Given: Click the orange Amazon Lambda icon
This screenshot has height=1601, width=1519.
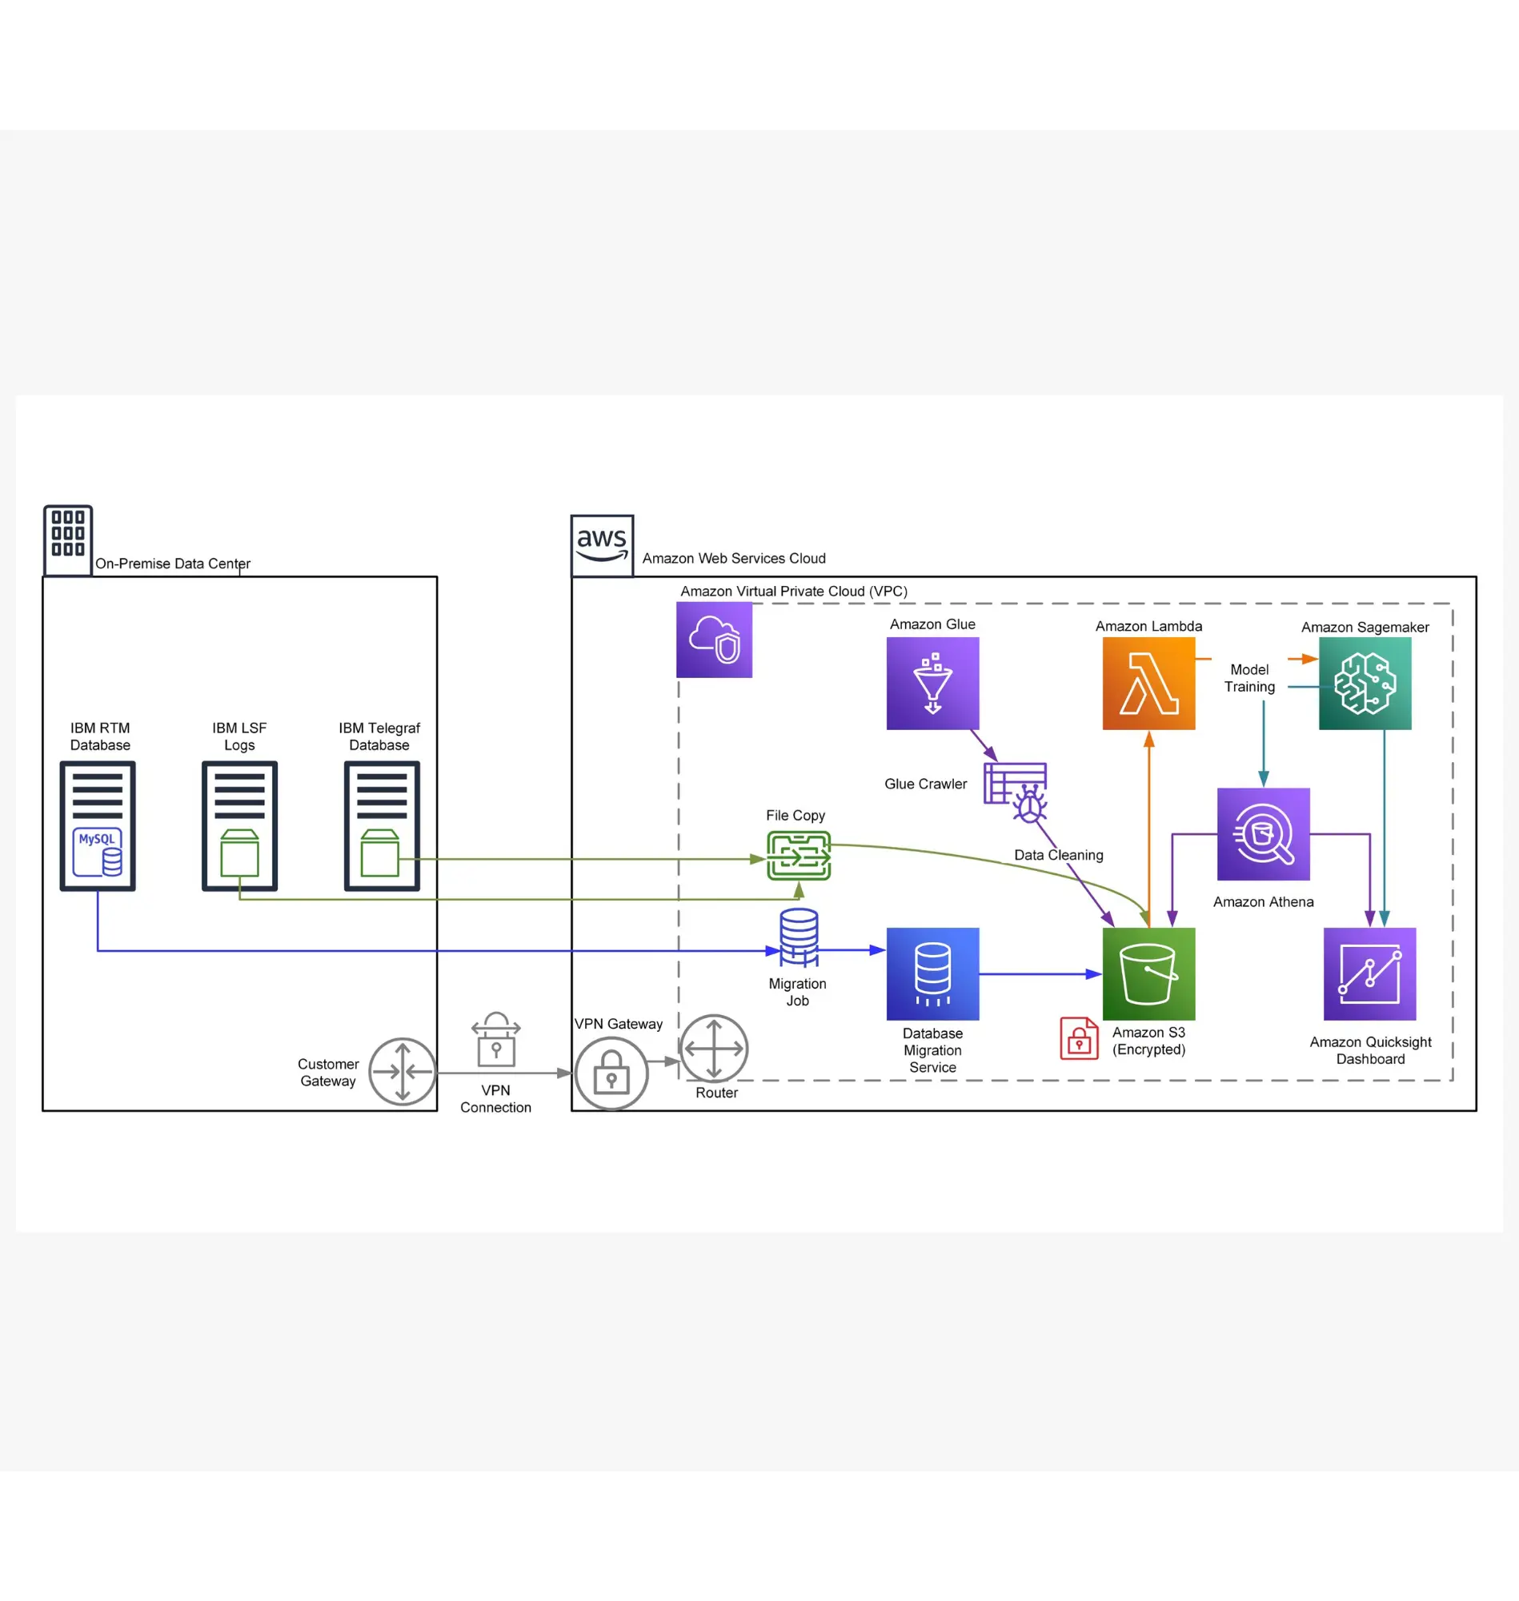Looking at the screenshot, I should click(x=1148, y=683).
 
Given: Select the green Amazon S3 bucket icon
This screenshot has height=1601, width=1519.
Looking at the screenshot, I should click(x=1148, y=973).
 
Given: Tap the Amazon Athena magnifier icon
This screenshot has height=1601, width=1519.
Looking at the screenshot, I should click(x=1262, y=833).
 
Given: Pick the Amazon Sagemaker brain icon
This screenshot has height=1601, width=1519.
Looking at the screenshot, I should click(x=1365, y=683).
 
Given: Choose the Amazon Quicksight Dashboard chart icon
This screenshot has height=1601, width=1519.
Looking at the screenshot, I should click(x=1369, y=973).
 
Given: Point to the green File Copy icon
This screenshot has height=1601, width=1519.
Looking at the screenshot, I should click(x=799, y=855).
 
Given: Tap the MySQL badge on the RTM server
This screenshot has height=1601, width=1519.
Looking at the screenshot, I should click(x=97, y=851).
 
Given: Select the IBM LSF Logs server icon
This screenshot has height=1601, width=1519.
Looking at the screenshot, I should click(x=239, y=825).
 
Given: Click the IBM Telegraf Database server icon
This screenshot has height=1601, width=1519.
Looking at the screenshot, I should click(x=382, y=825).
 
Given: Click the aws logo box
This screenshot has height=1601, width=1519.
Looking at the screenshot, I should click(x=602, y=545).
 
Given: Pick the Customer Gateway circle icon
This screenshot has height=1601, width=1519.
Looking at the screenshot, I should click(x=403, y=1070).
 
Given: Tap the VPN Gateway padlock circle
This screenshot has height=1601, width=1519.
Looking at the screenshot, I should click(x=611, y=1073).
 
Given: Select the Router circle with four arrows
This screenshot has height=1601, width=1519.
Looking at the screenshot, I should click(x=713, y=1047).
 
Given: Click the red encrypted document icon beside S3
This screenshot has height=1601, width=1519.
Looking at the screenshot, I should click(x=1079, y=1038).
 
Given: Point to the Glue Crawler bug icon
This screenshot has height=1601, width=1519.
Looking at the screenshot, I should click(x=1028, y=804).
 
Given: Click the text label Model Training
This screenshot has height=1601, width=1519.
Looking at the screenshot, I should click(x=1248, y=678).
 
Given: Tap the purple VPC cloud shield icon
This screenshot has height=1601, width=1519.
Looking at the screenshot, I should click(x=713, y=639).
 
